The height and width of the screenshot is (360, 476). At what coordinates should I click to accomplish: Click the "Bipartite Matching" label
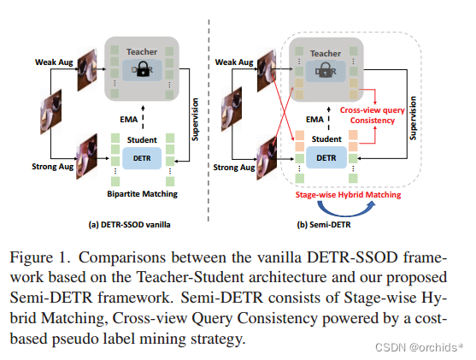[x=138, y=194]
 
